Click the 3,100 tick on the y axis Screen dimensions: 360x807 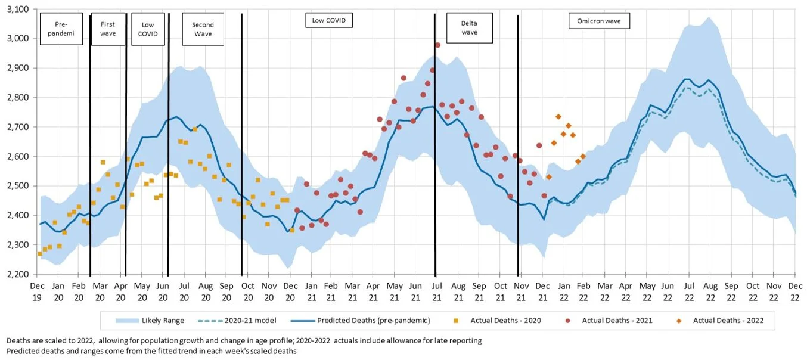click(x=19, y=10)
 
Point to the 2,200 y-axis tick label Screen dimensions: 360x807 click(x=19, y=274)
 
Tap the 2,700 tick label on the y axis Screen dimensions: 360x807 click(x=19, y=127)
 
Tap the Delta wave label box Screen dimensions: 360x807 click(x=469, y=28)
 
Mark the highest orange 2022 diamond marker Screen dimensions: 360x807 click(x=558, y=117)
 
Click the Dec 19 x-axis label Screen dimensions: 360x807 click(x=38, y=290)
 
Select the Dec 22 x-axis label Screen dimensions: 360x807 click(x=795, y=290)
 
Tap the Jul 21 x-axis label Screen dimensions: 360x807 click(x=436, y=290)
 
